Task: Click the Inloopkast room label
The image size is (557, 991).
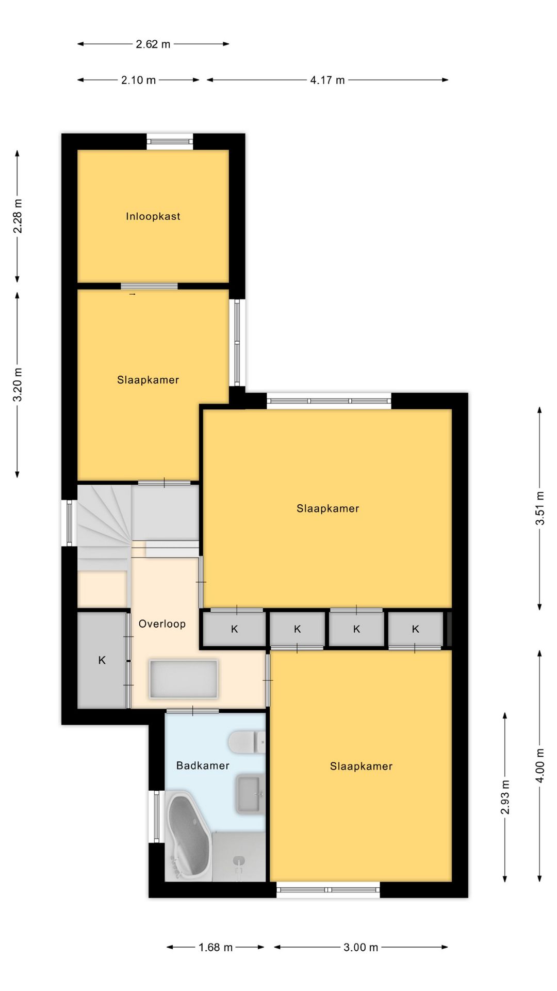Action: click(x=153, y=216)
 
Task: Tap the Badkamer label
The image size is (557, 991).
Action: click(x=203, y=765)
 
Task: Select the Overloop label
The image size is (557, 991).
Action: click(x=162, y=624)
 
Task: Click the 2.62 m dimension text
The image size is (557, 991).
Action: click(x=153, y=44)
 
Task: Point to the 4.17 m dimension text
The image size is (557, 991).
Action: click(x=327, y=80)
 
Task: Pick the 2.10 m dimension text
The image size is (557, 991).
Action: click(x=138, y=80)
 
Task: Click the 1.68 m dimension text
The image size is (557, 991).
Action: click(x=216, y=947)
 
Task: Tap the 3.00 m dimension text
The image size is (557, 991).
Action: click(x=361, y=947)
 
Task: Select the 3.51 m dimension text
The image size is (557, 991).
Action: click(x=540, y=508)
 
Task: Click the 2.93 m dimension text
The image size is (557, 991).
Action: click(x=505, y=797)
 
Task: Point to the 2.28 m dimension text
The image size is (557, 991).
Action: click(x=18, y=216)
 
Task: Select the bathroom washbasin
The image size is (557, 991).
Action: click(x=250, y=794)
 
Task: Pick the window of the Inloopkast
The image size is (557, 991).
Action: click(x=170, y=141)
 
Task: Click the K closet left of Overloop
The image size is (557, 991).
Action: click(x=102, y=660)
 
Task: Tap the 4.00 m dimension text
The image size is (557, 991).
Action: click(x=540, y=765)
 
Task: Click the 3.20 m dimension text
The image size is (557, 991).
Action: click(x=18, y=385)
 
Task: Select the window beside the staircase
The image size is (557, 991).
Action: click(x=69, y=523)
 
